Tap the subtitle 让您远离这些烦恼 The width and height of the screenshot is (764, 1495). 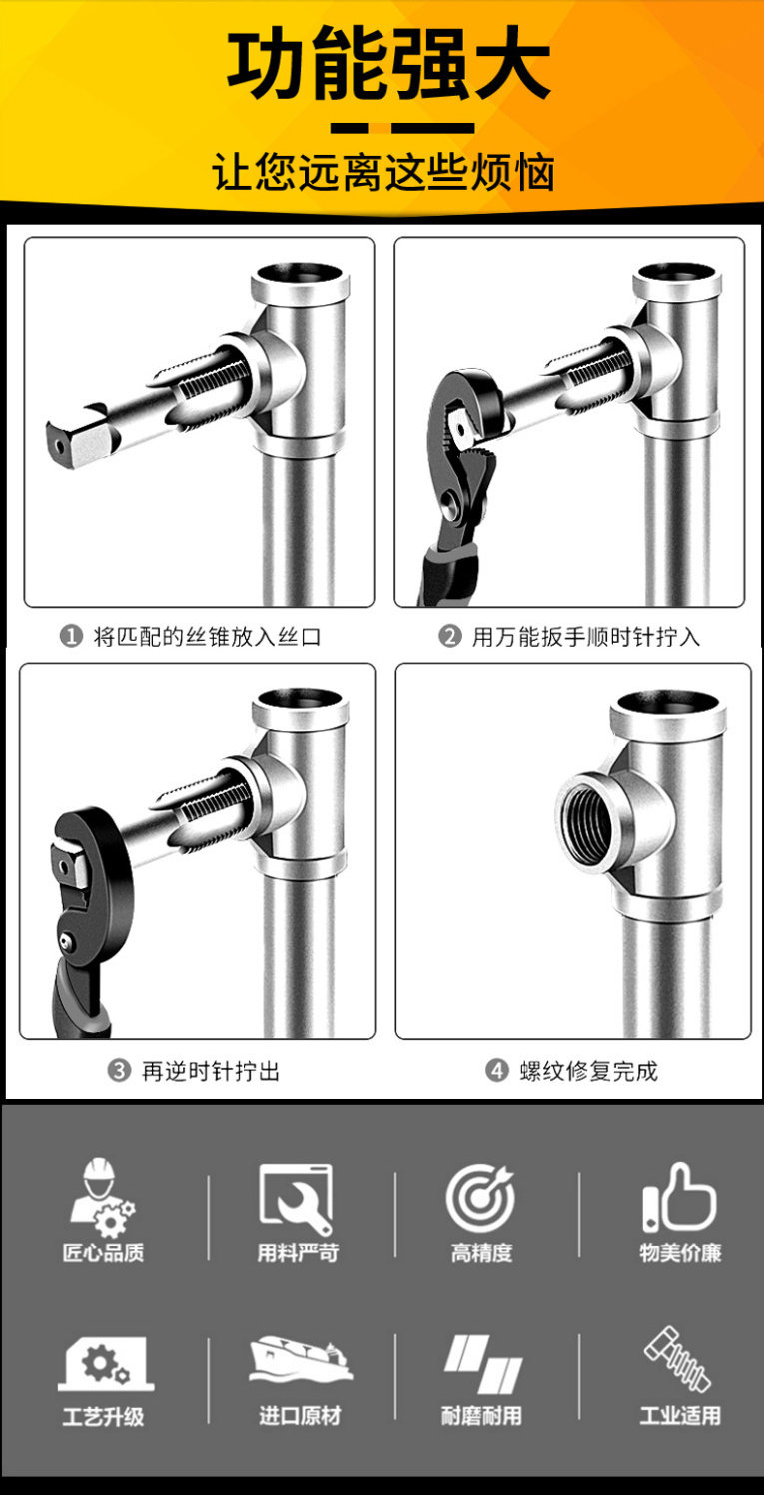click(x=383, y=172)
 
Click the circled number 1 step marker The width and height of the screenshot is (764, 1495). click(x=71, y=636)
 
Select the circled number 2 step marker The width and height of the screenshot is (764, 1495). click(x=450, y=636)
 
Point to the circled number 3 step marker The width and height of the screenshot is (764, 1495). click(x=119, y=1071)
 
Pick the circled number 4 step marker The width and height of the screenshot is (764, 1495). click(x=496, y=1071)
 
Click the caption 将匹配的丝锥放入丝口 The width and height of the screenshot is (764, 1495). click(x=207, y=637)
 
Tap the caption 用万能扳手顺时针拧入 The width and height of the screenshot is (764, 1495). click(x=585, y=637)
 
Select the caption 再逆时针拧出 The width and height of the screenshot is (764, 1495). click(x=211, y=1071)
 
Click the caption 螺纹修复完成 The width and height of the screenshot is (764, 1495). click(x=589, y=1071)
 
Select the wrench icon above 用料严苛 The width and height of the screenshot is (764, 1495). click(x=296, y=1200)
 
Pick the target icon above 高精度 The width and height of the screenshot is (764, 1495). click(x=479, y=1198)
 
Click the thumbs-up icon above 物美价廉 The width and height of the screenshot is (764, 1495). click(x=679, y=1198)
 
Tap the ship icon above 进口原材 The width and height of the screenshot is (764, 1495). click(x=300, y=1359)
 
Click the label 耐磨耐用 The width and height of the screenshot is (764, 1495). click(x=480, y=1415)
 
